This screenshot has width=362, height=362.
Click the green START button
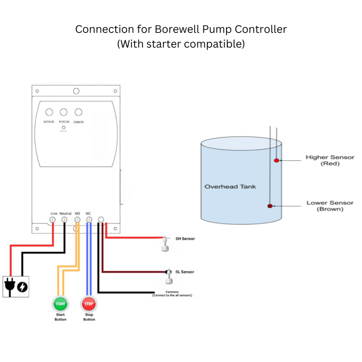(60, 304)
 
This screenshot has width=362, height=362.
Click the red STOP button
(89, 304)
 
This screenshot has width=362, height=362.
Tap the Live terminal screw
(53, 220)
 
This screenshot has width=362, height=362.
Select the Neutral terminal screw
(64, 220)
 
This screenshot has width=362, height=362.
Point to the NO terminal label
(78, 214)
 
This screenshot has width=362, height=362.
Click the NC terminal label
(88, 214)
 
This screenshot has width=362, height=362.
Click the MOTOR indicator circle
(49, 112)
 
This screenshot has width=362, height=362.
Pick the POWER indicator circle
(64, 112)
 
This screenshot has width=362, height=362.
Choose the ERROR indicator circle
(78, 112)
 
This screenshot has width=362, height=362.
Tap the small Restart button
(64, 127)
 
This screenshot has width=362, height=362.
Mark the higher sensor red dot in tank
(276, 160)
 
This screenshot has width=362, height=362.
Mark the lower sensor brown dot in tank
(270, 206)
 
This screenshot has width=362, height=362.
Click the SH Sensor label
(185, 239)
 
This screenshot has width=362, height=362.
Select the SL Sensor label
(185, 272)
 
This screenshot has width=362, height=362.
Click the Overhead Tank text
(230, 187)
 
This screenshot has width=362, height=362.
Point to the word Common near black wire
(172, 292)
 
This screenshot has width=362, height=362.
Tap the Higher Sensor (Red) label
(330, 160)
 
